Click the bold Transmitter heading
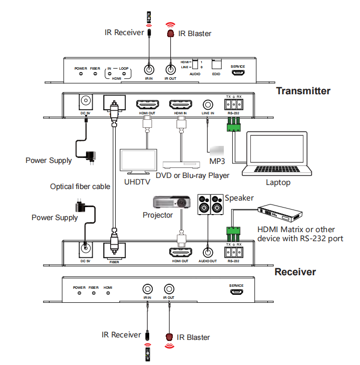click(303, 91)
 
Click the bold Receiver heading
click(295, 272)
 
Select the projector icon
click(171, 202)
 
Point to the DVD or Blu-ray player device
click(184, 164)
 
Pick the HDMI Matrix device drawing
click(280, 214)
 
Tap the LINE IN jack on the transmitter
click(207, 105)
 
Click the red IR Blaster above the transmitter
click(170, 34)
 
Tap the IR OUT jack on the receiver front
click(169, 289)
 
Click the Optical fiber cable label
click(80, 187)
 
